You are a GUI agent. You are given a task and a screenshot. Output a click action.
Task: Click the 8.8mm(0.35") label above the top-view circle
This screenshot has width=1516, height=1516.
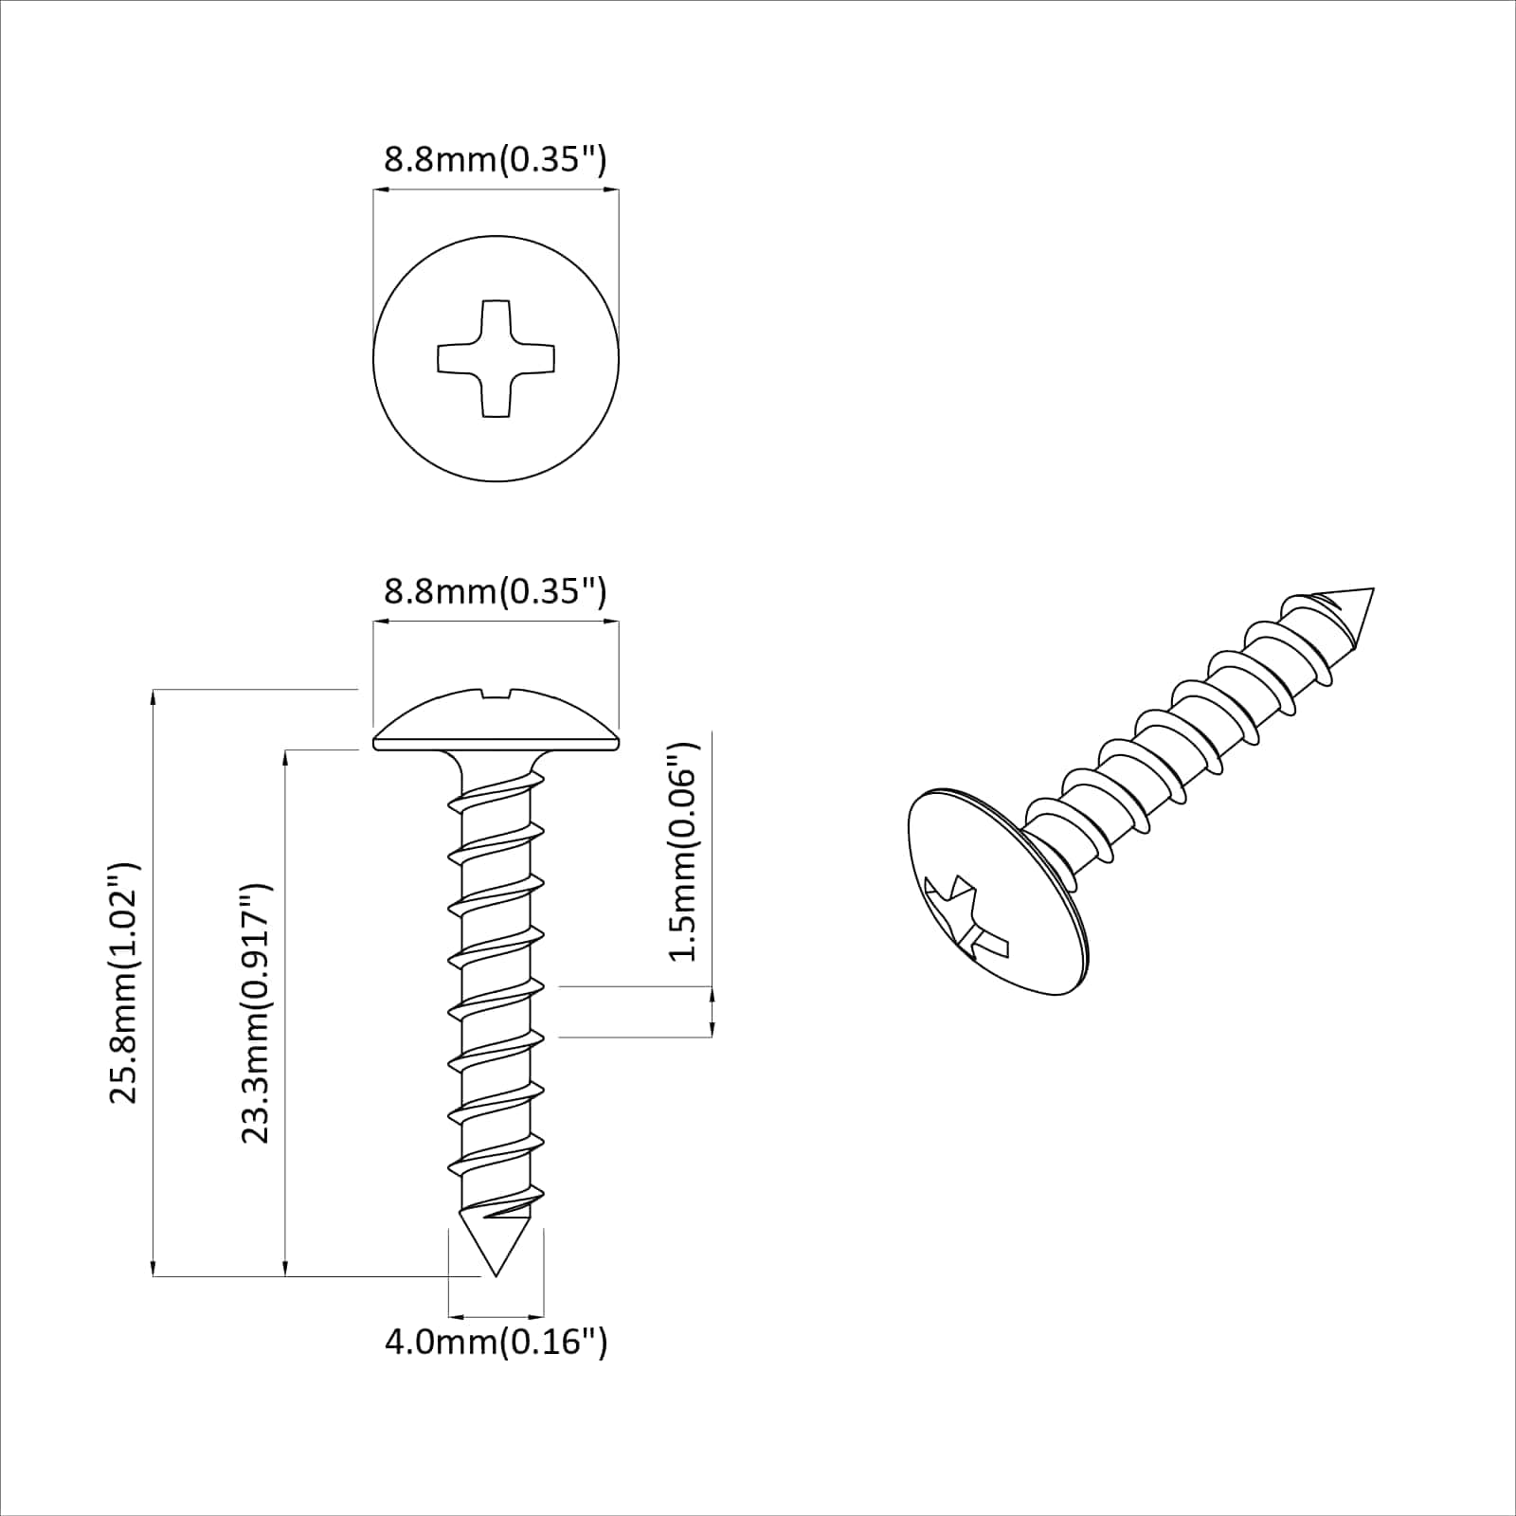click(495, 158)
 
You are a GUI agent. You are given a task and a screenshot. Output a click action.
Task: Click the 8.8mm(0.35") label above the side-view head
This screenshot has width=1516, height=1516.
click(495, 591)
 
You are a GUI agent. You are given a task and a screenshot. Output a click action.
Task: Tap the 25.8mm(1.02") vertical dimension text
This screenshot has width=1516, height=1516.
click(124, 983)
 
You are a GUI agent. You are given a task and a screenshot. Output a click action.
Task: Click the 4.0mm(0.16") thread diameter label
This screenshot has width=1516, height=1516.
click(496, 1342)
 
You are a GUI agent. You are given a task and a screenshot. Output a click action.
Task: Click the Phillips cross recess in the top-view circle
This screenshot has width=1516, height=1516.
click(496, 358)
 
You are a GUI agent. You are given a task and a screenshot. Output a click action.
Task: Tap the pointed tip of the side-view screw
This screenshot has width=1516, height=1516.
click(496, 1272)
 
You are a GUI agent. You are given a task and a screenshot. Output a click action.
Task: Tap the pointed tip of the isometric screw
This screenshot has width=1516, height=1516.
click(1370, 591)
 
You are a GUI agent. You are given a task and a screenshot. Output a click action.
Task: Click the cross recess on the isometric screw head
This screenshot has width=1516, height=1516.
click(964, 917)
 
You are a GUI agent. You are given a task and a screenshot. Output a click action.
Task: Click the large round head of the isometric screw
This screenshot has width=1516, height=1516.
click(995, 891)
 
